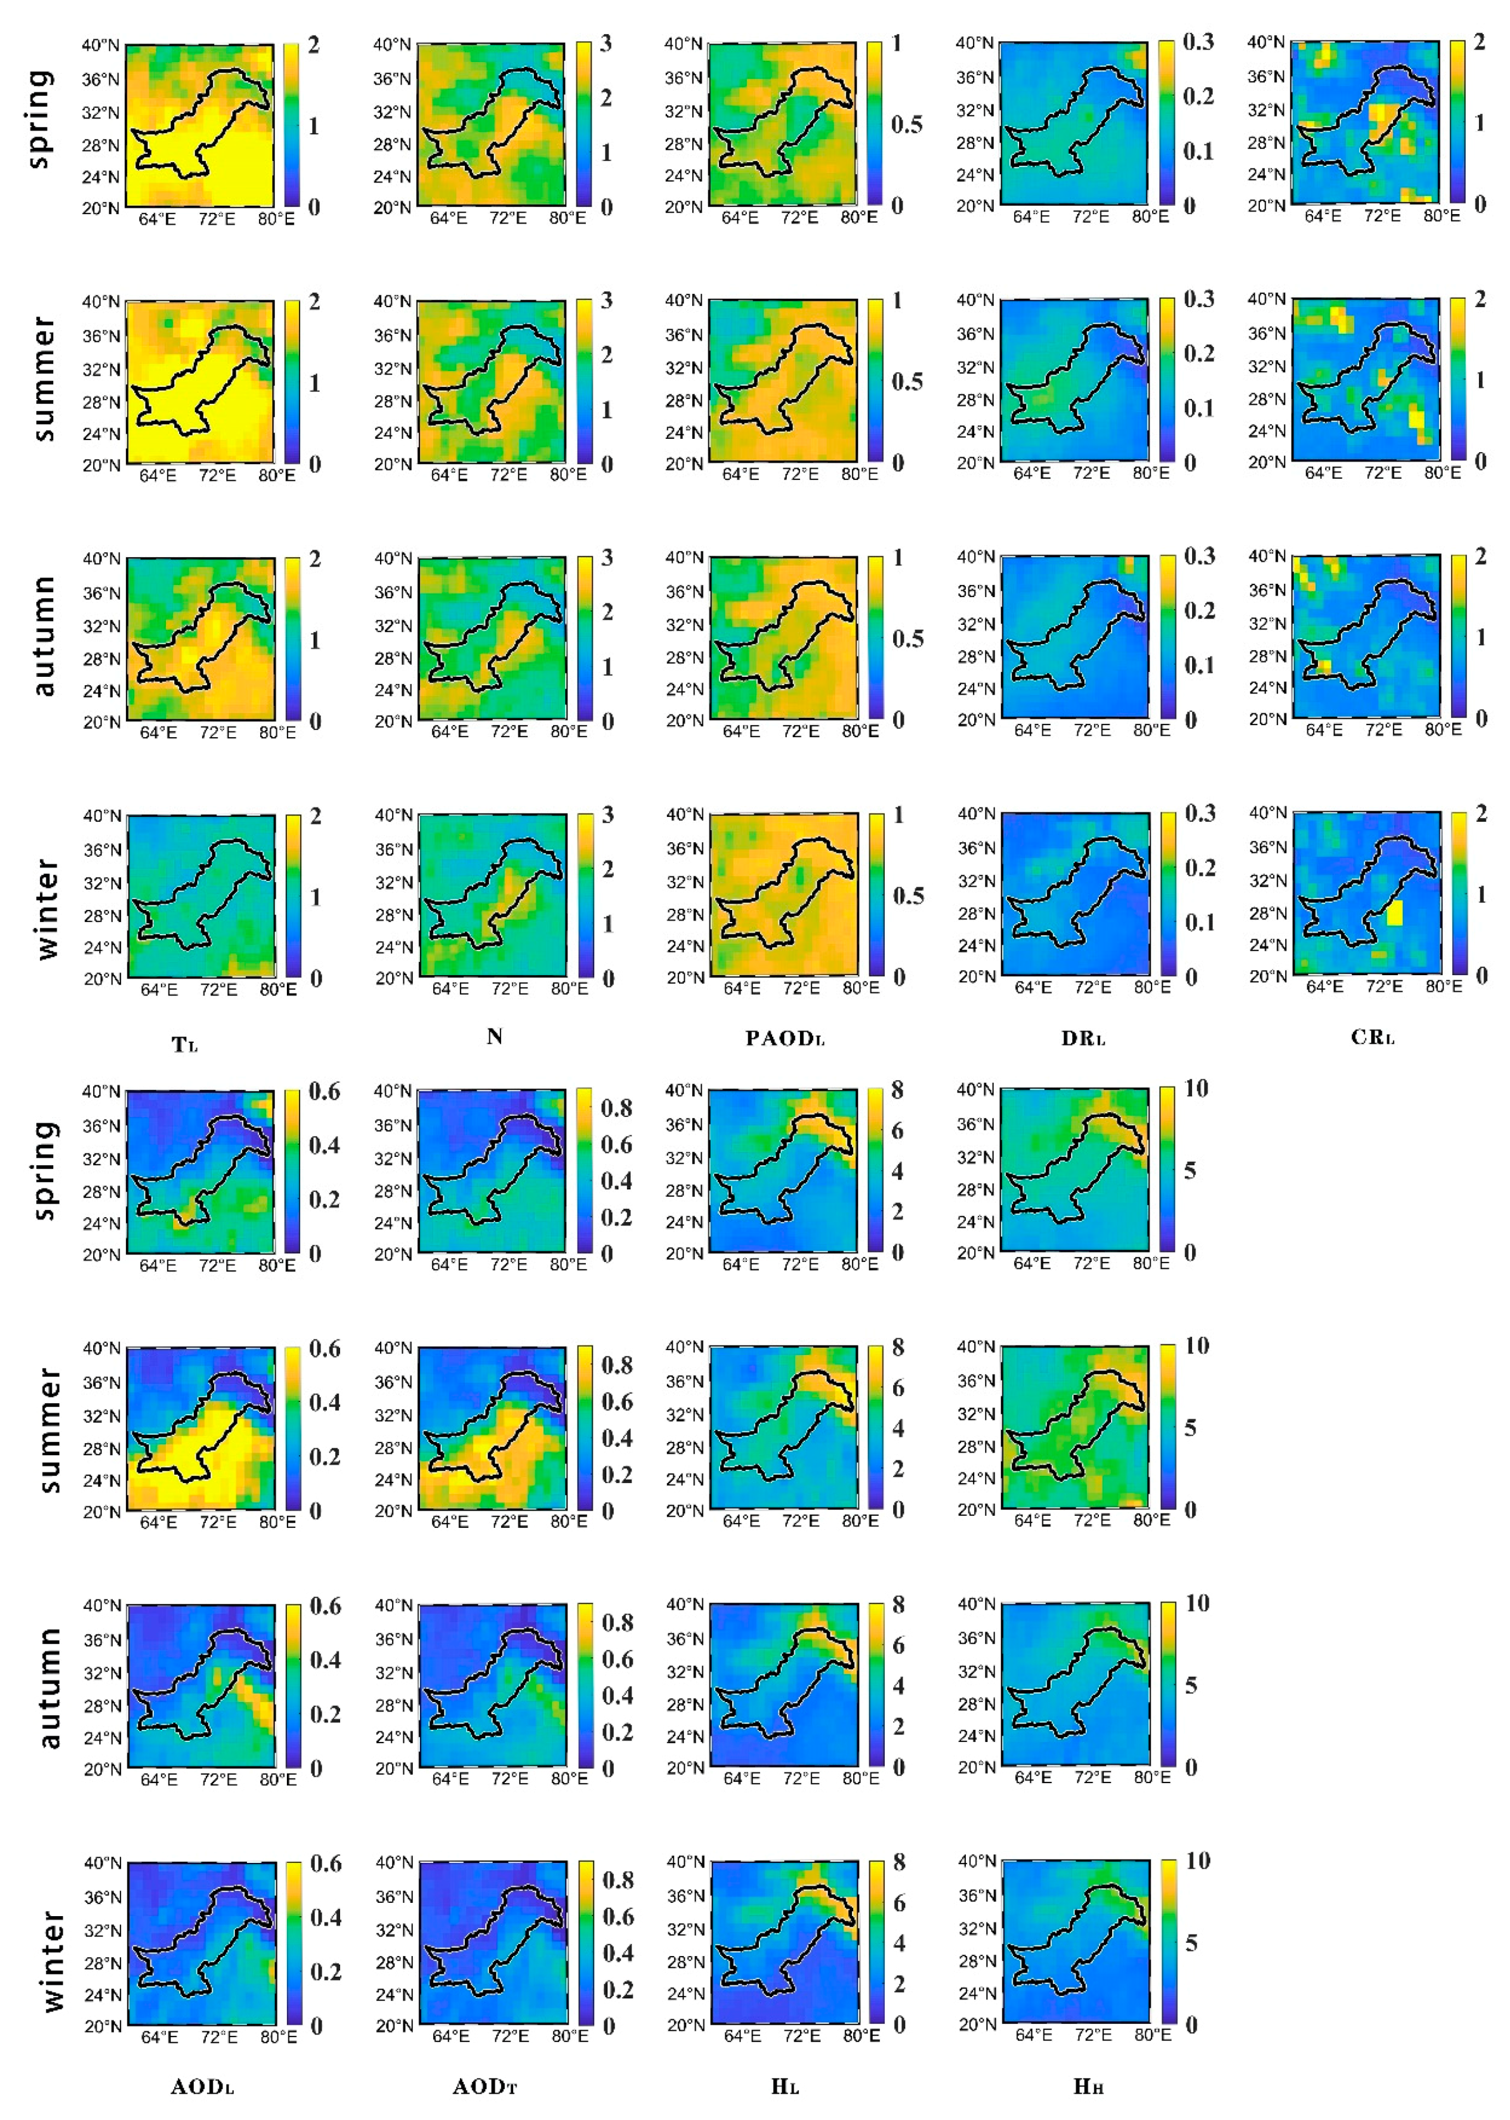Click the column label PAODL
785,1038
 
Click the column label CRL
1373,1037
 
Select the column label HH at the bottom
1088,2086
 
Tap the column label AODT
485,2086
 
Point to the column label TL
185,1045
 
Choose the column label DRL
1083,1038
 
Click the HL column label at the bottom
785,2086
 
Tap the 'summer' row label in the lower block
48,1429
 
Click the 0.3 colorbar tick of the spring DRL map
1198,42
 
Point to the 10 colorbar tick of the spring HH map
1196,1088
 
